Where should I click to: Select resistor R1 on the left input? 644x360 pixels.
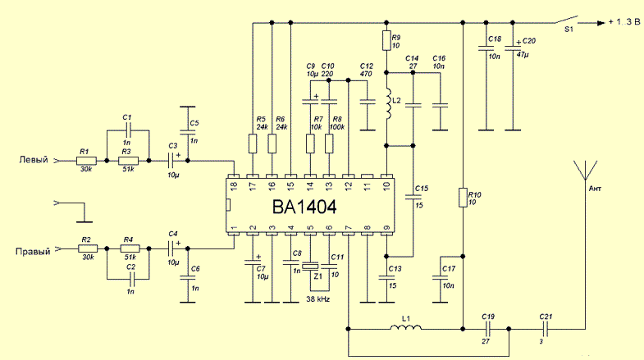(x=86, y=162)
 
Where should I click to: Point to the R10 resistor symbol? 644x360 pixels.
(x=464, y=198)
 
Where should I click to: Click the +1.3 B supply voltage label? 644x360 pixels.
(x=622, y=23)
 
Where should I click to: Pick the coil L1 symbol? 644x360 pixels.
(x=405, y=329)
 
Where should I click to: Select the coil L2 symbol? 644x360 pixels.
(x=386, y=104)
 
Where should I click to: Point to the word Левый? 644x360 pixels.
(x=34, y=159)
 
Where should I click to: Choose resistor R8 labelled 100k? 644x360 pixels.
(x=329, y=144)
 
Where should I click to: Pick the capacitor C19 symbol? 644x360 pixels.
(x=487, y=329)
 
